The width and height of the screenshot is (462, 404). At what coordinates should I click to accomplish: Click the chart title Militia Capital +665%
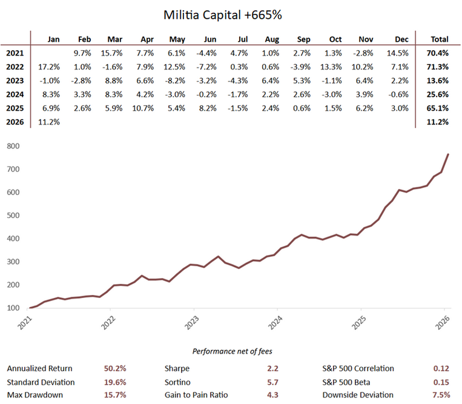(x=231, y=13)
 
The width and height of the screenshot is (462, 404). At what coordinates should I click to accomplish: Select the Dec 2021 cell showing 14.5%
(x=401, y=53)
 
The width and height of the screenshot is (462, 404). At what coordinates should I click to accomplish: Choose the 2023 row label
(x=15, y=81)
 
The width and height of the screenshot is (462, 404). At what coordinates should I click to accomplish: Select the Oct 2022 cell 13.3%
(x=337, y=67)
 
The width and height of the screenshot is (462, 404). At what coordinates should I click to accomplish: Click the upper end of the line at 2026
(x=448, y=154)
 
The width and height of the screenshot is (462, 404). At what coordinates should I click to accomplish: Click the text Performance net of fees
(x=230, y=351)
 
